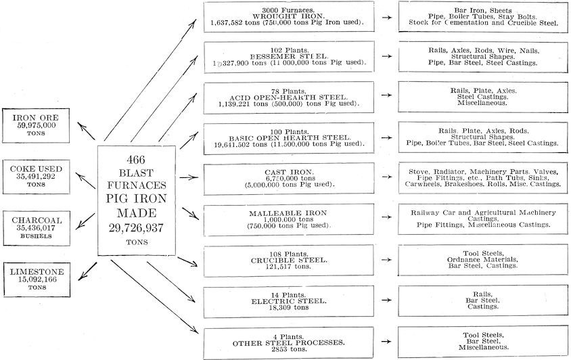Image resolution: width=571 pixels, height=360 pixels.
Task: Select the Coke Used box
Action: (x=38, y=175)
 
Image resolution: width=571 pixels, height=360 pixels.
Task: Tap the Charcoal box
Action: (x=38, y=226)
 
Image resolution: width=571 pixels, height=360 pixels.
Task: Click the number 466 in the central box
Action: (x=137, y=158)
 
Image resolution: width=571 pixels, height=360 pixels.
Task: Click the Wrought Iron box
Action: (x=290, y=17)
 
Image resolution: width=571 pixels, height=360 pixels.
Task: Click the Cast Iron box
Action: (x=290, y=178)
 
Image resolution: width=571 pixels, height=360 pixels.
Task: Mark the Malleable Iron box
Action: (x=290, y=220)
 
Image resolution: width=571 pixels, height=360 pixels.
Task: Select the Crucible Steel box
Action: (x=290, y=260)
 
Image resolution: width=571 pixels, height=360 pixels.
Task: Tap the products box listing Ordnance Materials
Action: (x=480, y=260)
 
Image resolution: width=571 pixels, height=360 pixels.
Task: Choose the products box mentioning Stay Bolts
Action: (x=480, y=17)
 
